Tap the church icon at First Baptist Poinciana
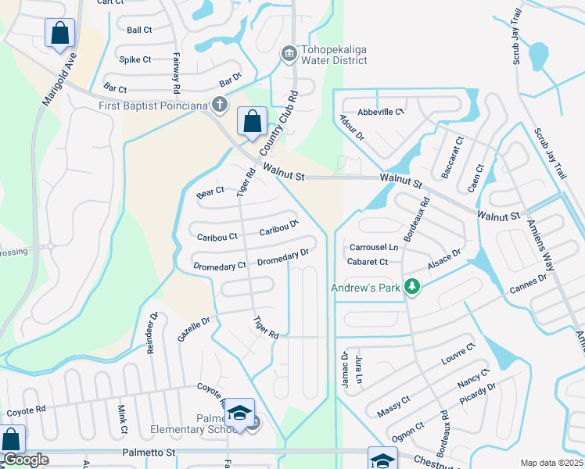(221, 105)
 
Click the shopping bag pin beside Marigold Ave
(59, 34)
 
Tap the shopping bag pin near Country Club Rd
(252, 122)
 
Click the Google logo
(26, 460)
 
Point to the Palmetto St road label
(151, 452)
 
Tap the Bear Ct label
(210, 191)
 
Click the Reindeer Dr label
(152, 334)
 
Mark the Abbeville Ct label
(381, 112)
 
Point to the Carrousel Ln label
(373, 248)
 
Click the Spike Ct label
(135, 59)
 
